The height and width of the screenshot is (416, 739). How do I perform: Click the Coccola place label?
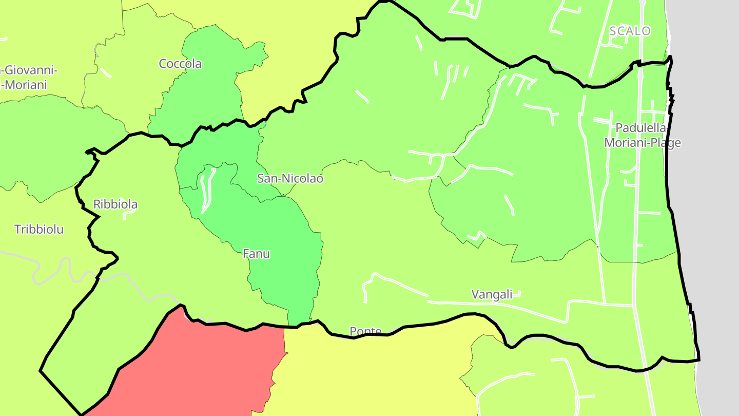tap(180, 64)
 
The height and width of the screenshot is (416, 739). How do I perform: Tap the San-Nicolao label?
tap(290, 179)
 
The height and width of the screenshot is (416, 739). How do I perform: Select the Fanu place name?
tap(256, 254)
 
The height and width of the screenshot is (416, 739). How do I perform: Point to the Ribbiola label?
tap(115, 204)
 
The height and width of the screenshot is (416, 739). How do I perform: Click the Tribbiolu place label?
tap(39, 230)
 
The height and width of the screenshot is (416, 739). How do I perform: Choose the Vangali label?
tap(492, 294)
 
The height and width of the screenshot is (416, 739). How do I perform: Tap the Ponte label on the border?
tap(365, 331)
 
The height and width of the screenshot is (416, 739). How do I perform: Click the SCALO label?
tap(630, 31)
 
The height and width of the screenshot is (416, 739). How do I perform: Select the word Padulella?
tap(640, 127)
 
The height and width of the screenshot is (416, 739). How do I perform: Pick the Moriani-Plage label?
tap(643, 142)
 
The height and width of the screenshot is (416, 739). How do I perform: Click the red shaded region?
tap(205, 370)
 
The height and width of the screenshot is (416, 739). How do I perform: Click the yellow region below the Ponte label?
tap(369, 375)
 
